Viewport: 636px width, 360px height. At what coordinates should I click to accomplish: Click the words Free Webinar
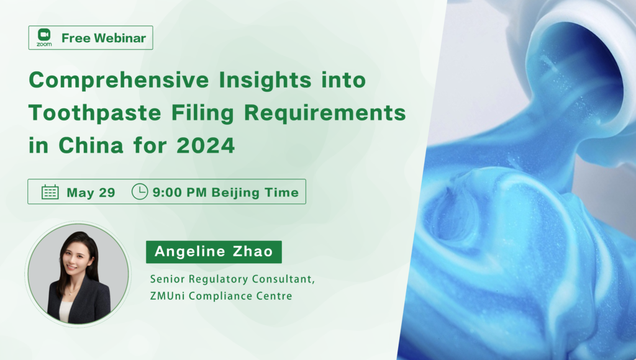(x=104, y=38)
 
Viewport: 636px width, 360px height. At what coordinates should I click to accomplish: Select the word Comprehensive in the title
(x=119, y=80)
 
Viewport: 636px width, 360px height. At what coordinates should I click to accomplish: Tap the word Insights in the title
(x=265, y=79)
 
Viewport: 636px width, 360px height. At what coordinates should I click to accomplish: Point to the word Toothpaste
(x=95, y=113)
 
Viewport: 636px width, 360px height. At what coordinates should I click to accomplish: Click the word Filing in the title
(x=202, y=113)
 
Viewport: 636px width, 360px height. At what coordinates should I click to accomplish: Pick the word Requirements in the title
(x=325, y=113)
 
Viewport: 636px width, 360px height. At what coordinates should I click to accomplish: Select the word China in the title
(x=91, y=145)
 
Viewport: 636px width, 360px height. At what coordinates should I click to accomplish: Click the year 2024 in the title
(x=206, y=145)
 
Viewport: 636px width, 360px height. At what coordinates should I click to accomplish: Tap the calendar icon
(x=50, y=192)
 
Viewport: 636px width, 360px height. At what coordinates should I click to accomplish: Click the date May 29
(x=91, y=192)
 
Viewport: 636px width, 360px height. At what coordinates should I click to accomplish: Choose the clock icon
(x=140, y=191)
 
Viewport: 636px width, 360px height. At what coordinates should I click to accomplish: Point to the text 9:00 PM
(x=179, y=192)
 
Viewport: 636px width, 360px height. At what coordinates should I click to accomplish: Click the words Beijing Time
(x=255, y=192)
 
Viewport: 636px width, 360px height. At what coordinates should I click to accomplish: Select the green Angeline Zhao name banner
(x=214, y=252)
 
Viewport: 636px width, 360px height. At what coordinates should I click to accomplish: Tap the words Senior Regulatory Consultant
(x=232, y=279)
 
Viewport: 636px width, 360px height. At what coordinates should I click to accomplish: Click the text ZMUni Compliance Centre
(x=221, y=296)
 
